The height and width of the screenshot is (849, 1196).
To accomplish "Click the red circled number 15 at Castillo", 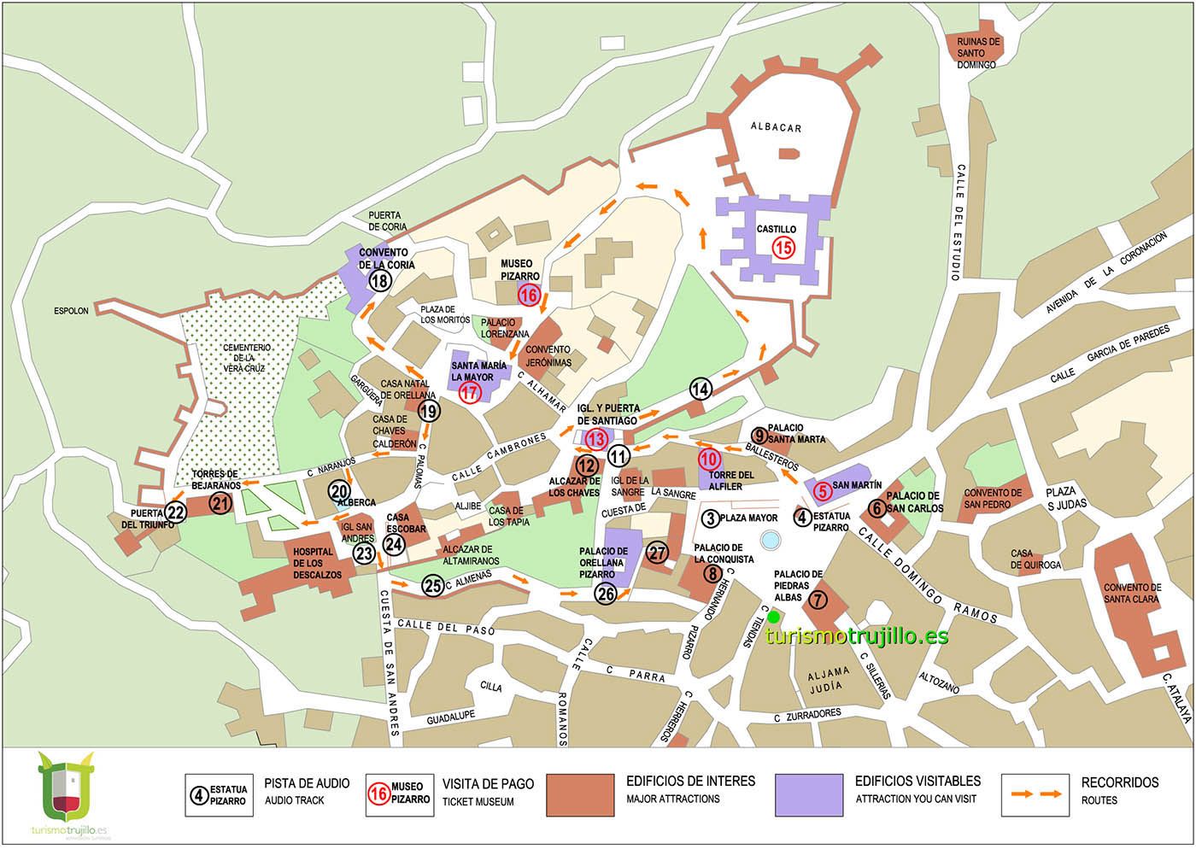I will (783, 248).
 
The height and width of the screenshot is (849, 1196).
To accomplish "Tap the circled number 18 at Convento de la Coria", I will (380, 281).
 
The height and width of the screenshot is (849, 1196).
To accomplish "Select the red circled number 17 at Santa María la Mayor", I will (470, 393).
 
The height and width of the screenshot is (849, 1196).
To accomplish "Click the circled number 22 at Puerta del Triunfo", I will (175, 512).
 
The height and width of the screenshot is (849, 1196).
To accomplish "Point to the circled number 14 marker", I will (701, 389).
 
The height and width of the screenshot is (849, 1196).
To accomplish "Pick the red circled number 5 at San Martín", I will (821, 491).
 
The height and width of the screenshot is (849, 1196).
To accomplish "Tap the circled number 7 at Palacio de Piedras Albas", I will (818, 600).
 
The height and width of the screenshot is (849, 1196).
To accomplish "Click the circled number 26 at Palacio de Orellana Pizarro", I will (606, 594).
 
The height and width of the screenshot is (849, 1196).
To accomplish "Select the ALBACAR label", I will (776, 127).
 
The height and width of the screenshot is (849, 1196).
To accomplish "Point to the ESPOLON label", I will (71, 311).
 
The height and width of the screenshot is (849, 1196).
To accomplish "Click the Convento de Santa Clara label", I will (1132, 593).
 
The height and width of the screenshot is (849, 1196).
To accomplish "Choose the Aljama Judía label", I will (829, 678).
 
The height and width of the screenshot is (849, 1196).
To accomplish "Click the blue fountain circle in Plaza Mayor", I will (770, 540).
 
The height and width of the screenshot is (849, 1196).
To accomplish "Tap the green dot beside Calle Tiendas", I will (773, 617).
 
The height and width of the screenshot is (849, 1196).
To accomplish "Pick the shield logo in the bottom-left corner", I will (67, 786).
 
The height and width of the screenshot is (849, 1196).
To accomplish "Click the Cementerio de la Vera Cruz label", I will (244, 358).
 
